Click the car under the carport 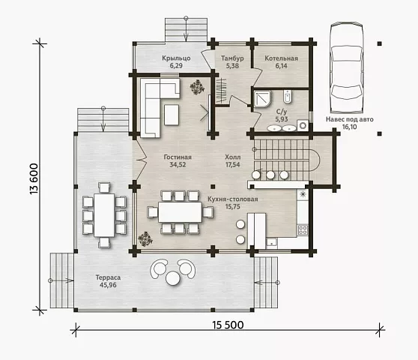pos(347,68)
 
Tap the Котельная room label pos(281,58)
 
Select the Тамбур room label pos(232,58)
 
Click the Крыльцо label pos(176,58)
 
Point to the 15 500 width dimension pos(228,325)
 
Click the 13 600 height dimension pos(34,178)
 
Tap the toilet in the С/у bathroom pos(287,97)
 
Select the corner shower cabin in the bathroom pos(263,99)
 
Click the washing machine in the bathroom pos(303,125)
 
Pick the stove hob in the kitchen pos(303,229)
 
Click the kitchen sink pos(272,244)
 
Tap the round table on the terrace pos(173,278)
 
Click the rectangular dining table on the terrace pos(104,214)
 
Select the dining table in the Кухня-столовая pos(180,212)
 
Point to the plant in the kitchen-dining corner pos(145,238)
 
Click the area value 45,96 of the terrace pos(108,285)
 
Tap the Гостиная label pos(178,157)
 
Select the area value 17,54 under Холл pos(233,165)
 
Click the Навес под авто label pos(350,119)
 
